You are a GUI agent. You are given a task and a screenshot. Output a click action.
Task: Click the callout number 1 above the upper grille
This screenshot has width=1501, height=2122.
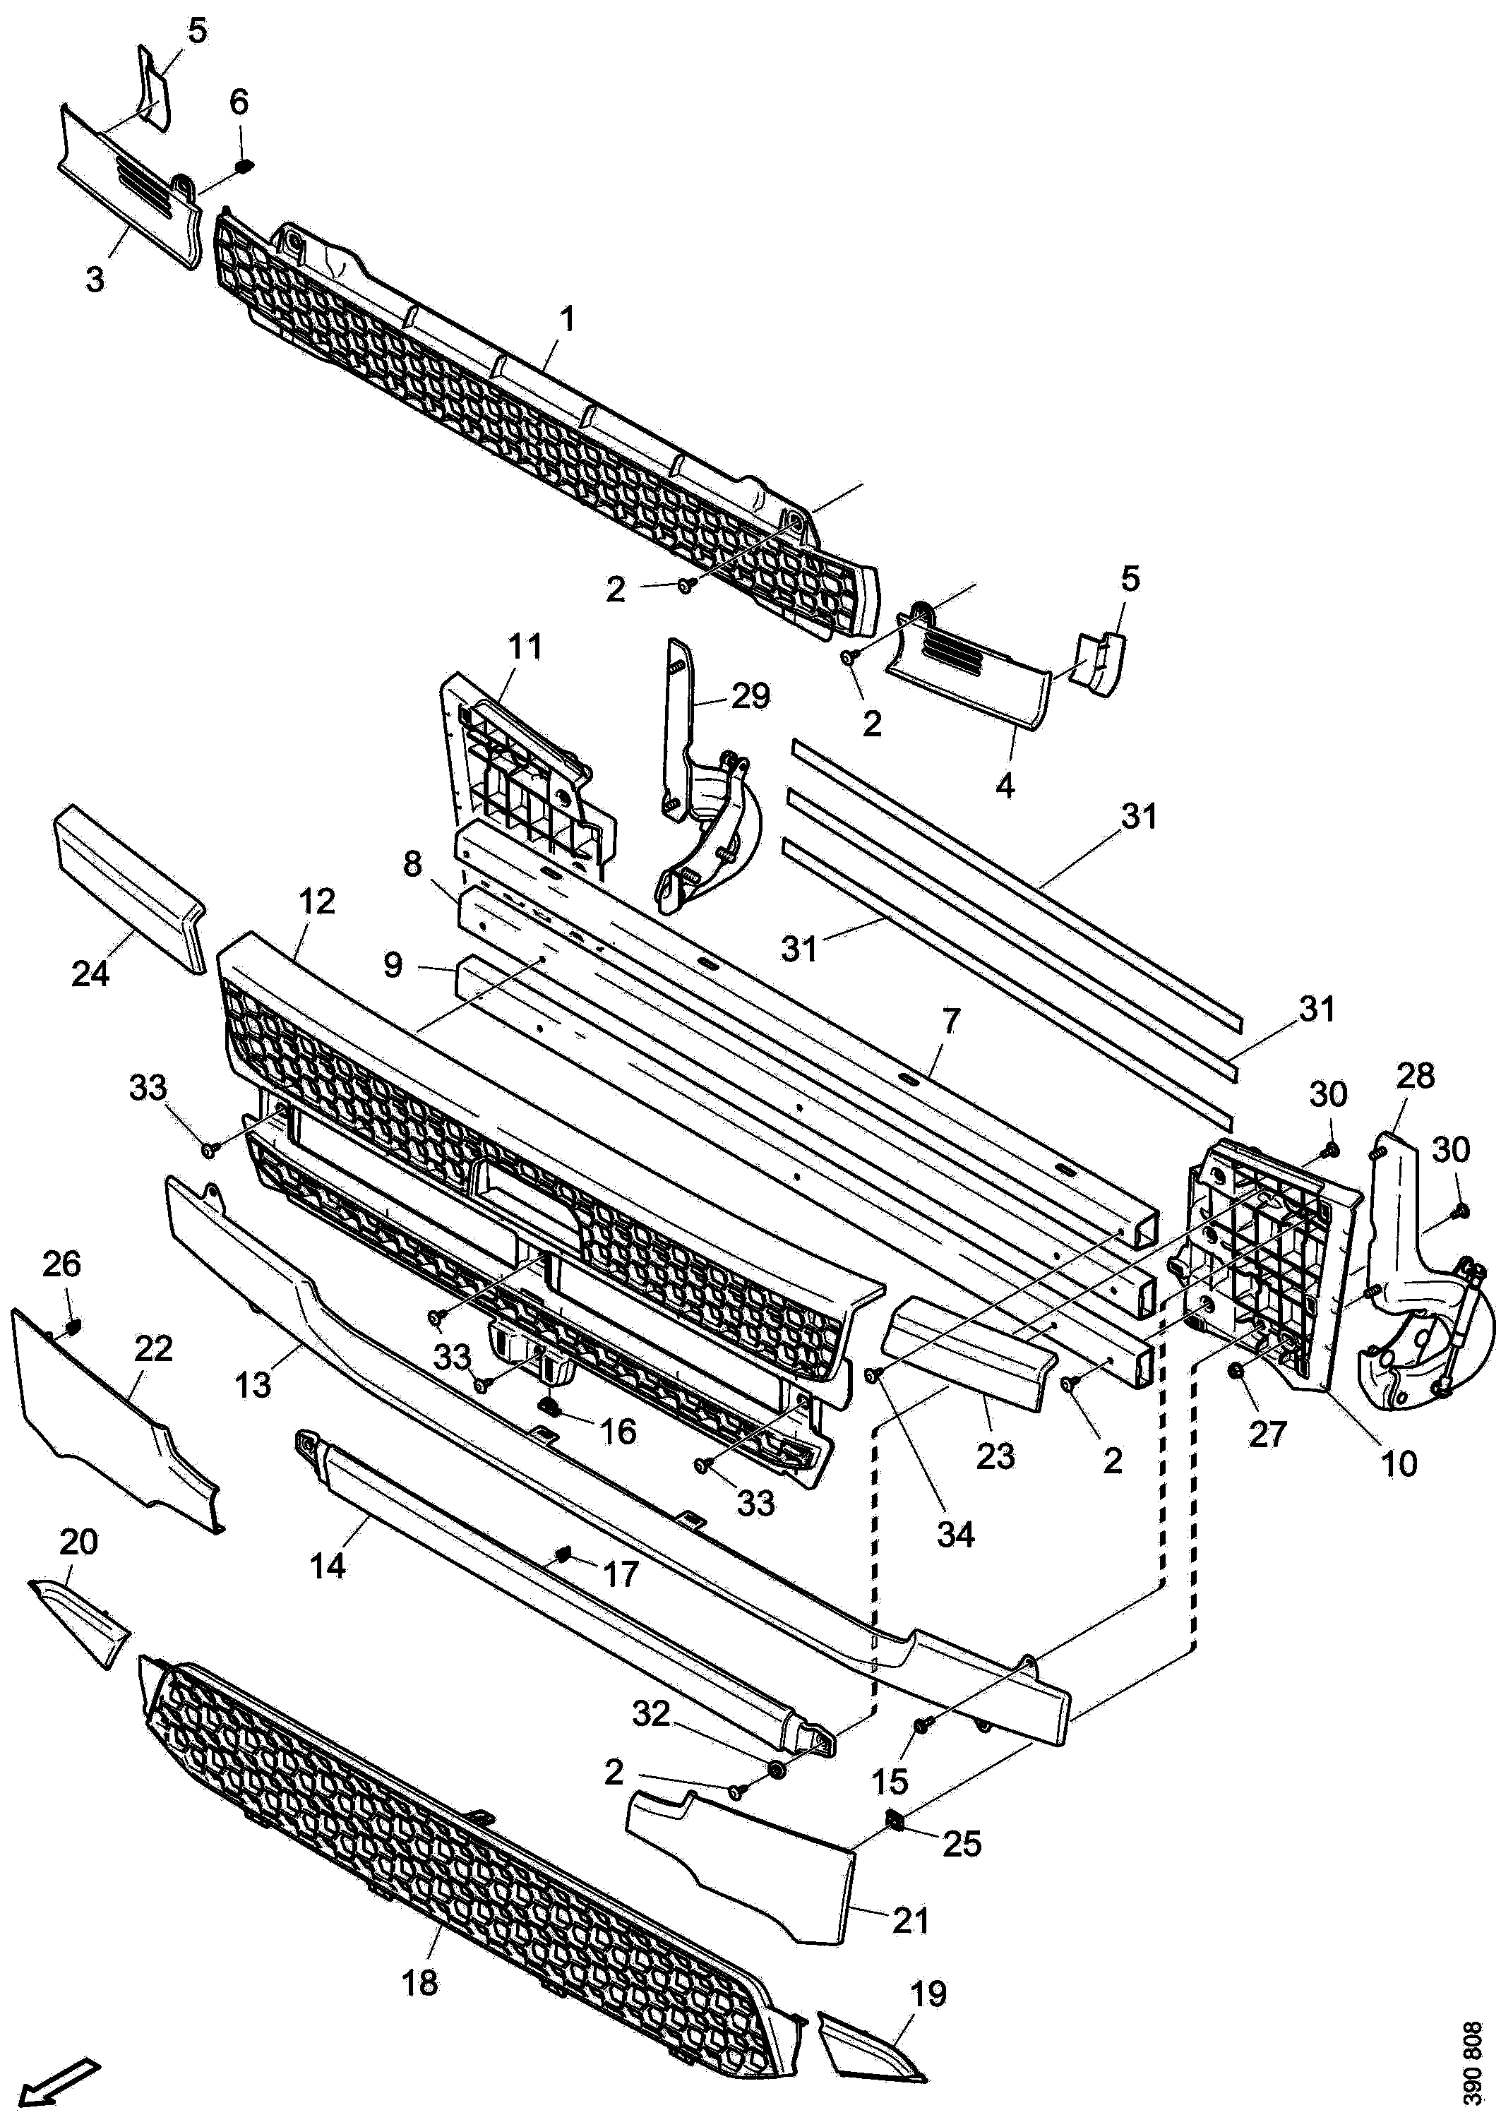click(568, 320)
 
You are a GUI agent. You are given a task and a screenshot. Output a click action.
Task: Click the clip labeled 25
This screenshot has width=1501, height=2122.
click(895, 1821)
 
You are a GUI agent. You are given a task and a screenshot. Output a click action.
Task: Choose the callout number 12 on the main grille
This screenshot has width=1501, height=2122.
click(317, 902)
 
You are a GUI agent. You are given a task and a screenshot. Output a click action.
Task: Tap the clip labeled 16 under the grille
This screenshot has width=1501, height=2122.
click(548, 1407)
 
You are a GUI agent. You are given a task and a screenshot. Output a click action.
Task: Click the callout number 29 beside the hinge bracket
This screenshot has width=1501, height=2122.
click(750, 696)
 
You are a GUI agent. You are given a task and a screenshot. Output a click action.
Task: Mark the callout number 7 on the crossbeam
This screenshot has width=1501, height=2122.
click(951, 1022)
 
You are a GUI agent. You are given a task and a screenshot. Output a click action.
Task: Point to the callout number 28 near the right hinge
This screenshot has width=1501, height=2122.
click(1414, 1076)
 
